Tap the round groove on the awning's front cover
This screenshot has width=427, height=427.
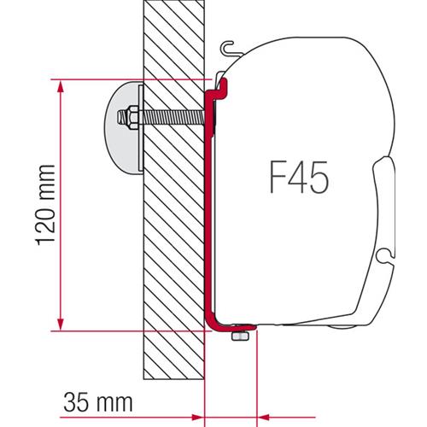pos(388,251)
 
